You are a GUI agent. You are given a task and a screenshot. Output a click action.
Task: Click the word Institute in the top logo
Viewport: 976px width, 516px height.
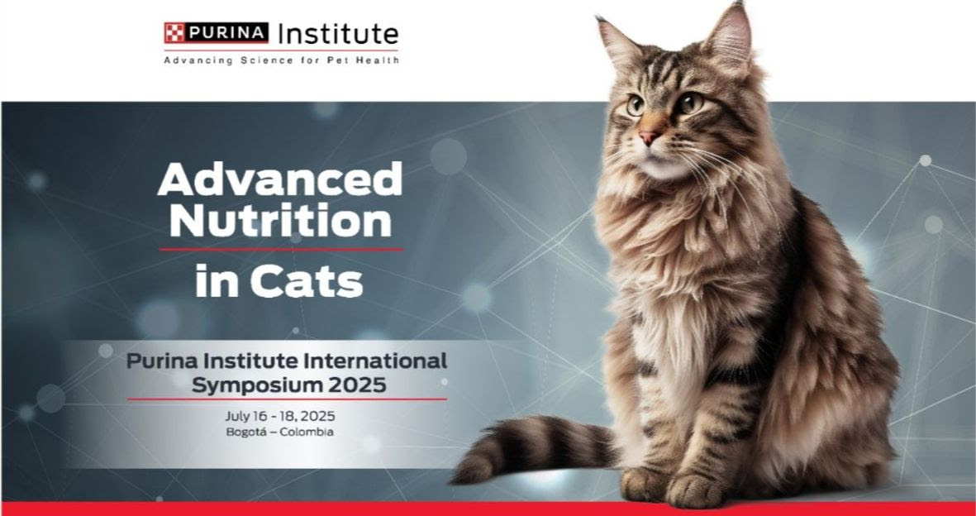[x=338, y=34]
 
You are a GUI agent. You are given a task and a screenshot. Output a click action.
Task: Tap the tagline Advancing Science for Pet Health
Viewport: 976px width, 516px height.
[x=281, y=60]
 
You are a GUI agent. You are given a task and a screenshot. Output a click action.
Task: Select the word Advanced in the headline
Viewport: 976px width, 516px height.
[x=280, y=179]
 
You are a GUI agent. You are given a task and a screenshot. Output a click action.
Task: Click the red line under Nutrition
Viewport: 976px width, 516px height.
[x=281, y=249]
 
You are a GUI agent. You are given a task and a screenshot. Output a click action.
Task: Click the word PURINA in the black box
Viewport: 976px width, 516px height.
[x=226, y=34]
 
